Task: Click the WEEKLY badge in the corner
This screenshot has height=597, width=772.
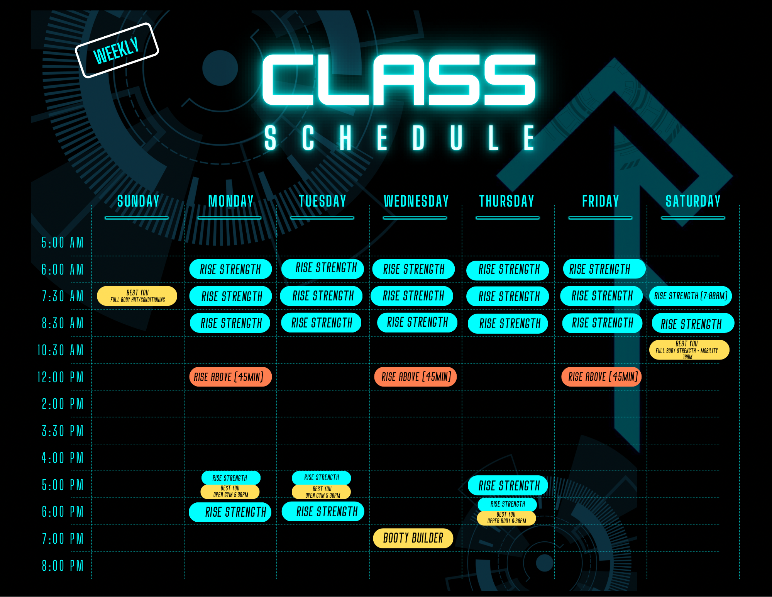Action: coord(117,50)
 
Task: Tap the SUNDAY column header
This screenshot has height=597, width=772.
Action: coord(138,201)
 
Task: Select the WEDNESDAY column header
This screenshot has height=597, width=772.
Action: coord(416,201)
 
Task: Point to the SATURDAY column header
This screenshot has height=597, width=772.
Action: coord(693,201)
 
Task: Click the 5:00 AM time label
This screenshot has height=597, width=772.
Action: coord(63,243)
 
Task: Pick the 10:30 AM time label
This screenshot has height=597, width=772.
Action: coord(61,350)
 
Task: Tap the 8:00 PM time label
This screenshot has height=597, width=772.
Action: coord(63,566)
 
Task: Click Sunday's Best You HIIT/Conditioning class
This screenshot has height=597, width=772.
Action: coord(137,296)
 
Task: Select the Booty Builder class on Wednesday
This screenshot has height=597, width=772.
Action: coord(413,538)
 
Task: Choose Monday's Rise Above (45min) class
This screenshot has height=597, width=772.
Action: coord(230,377)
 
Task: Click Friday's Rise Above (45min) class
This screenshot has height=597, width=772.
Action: coord(602,377)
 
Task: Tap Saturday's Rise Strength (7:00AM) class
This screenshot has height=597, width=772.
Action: coord(691,296)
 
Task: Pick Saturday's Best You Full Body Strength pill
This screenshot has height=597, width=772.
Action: coord(689,350)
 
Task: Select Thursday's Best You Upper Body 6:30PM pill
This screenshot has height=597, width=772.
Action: coord(507,518)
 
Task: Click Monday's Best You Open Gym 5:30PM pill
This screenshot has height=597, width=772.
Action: coord(230,492)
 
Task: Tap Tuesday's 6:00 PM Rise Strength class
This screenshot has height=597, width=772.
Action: coord(323,512)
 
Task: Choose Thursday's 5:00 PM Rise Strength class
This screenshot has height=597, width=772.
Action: coord(508,485)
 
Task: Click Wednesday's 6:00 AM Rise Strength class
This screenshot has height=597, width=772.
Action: coord(414,269)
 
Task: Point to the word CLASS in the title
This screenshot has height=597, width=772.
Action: coord(399,80)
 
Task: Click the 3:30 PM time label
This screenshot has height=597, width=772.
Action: coord(63,431)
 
